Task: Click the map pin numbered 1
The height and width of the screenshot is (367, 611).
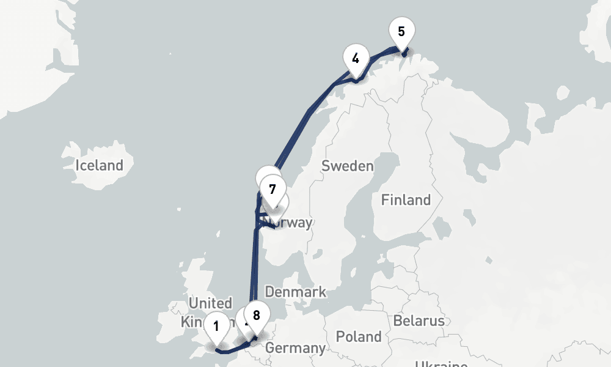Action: pyautogui.click(x=216, y=326)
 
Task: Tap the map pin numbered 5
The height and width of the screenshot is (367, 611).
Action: pyautogui.click(x=401, y=32)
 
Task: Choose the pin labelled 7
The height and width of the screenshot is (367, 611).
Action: pyautogui.click(x=273, y=189)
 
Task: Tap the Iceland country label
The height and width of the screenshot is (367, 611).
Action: pyautogui.click(x=99, y=165)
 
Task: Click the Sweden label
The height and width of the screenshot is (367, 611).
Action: pyautogui.click(x=347, y=166)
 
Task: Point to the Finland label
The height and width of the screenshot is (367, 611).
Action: pyautogui.click(x=406, y=200)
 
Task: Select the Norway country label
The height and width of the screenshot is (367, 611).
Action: pyautogui.click(x=293, y=223)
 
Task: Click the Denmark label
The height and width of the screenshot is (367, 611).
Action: pyautogui.click(x=295, y=292)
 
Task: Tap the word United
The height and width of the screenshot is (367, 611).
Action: pyautogui.click(x=210, y=303)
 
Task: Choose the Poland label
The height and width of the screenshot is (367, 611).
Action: pyautogui.click(x=359, y=337)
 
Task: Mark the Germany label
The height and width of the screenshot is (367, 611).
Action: pyautogui.click(x=296, y=349)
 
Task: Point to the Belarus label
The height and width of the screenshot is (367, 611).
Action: pyautogui.click(x=419, y=321)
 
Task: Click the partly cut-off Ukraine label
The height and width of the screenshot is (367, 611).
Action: pyautogui.click(x=441, y=364)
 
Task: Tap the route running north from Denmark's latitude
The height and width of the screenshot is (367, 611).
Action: pyautogui.click(x=252, y=269)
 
